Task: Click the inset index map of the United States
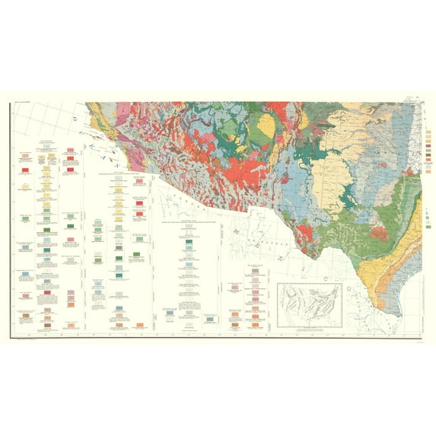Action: (309, 300)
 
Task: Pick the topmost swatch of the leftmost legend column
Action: (25, 156)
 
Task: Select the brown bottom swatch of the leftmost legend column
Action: (25, 326)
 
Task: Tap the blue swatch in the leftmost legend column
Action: (25, 272)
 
